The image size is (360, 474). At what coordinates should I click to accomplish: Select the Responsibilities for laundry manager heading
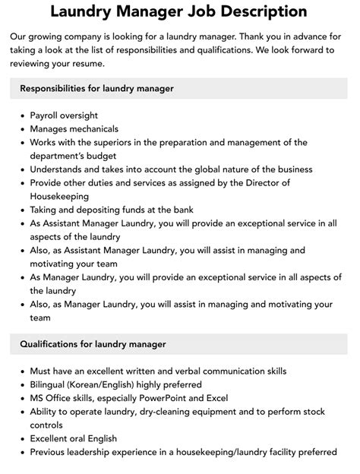[96, 89]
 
